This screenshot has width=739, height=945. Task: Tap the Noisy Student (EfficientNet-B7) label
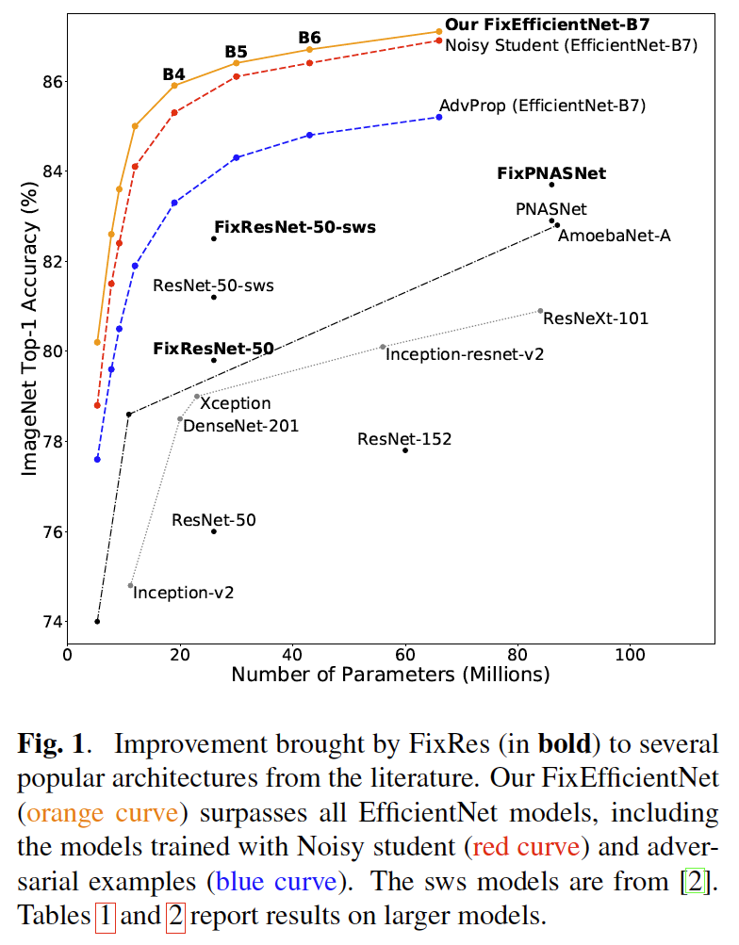(x=570, y=44)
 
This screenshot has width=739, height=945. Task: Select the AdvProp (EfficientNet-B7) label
(x=542, y=106)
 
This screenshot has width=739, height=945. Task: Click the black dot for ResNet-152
(x=405, y=450)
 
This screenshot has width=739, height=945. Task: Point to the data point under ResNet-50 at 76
(x=214, y=531)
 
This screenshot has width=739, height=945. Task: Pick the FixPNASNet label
(x=551, y=173)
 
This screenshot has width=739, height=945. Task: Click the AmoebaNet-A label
(x=614, y=236)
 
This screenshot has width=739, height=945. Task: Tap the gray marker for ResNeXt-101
(x=540, y=311)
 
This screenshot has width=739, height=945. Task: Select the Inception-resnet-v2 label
(x=465, y=354)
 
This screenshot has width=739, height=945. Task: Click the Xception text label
(x=236, y=403)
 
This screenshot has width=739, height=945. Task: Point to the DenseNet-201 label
(x=240, y=426)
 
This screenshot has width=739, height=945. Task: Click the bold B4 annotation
(x=173, y=73)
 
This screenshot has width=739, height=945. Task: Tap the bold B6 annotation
(x=309, y=38)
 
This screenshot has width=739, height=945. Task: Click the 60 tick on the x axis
(x=405, y=655)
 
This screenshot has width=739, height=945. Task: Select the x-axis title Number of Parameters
(x=389, y=676)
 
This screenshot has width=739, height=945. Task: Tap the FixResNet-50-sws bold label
(x=294, y=227)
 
